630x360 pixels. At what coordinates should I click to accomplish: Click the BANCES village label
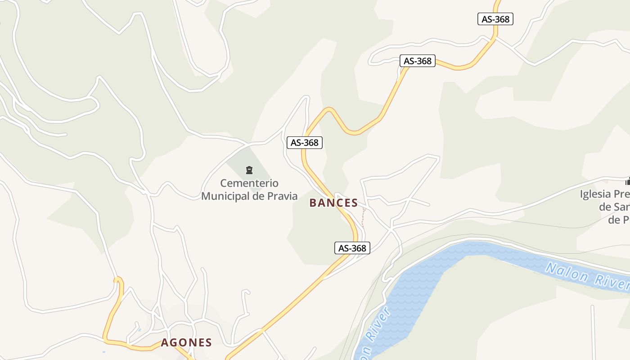point(333,203)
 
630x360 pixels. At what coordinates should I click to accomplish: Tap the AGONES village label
point(186,342)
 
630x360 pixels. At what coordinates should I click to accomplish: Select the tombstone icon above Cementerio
point(249,170)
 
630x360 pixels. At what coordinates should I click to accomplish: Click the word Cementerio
point(249,183)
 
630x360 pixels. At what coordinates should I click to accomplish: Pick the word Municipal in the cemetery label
point(225,196)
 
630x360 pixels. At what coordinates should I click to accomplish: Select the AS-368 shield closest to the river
point(352,248)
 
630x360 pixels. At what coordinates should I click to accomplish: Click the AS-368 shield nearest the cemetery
point(305,143)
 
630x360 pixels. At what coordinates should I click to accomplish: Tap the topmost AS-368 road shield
point(495,19)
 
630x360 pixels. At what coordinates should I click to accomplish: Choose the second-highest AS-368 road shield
point(418,61)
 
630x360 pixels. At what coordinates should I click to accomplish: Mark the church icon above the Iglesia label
point(628,182)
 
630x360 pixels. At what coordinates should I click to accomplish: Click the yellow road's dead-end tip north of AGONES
point(118,279)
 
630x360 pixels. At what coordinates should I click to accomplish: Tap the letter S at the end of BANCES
point(354,203)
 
